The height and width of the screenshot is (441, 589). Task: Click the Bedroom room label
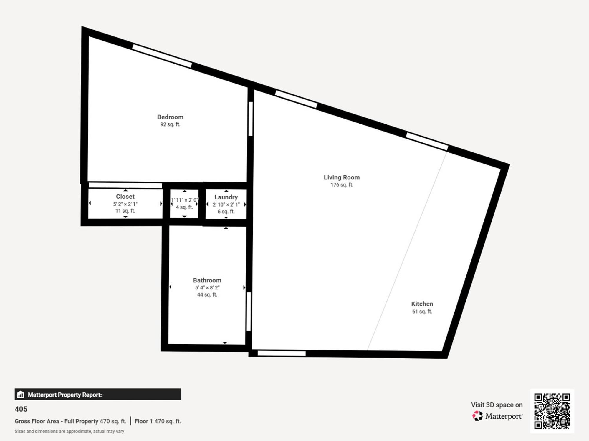point(170,117)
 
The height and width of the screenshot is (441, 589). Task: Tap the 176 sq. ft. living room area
point(342,185)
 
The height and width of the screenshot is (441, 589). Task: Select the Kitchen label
point(422,304)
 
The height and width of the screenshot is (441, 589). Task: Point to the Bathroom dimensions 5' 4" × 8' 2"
point(207,288)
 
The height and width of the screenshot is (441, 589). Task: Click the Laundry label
point(226,197)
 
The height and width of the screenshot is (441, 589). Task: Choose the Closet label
point(125,197)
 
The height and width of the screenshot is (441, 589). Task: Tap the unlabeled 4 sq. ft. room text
point(184,207)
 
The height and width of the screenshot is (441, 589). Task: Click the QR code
point(552,411)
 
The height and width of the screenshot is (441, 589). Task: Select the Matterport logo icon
point(477,416)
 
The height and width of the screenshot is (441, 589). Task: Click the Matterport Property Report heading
point(65,395)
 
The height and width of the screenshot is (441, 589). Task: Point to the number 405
point(21,409)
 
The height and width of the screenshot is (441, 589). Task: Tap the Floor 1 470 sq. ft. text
point(158,421)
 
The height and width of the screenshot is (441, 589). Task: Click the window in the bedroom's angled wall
point(162,56)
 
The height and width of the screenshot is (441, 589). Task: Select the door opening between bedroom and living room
point(251,119)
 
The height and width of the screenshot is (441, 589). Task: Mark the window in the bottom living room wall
point(282,353)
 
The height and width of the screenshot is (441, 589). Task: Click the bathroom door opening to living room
point(249,312)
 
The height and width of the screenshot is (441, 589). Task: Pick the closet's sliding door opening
point(125,185)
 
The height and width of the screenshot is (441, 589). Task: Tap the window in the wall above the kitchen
point(427,141)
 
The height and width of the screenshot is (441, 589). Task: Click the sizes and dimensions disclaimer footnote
point(70,431)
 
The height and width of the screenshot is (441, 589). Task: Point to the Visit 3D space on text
point(497,405)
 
